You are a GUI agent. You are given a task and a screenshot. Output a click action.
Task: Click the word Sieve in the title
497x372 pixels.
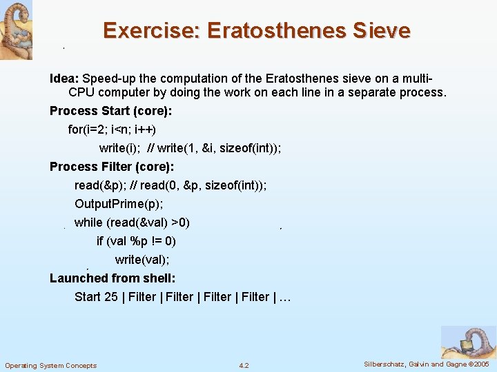pyautogui.click(x=382, y=31)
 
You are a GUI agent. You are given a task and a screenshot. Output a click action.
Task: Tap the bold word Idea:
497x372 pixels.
pyautogui.click(x=64, y=79)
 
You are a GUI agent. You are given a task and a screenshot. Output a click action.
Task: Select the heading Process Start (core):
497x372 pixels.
pyautogui.click(x=111, y=111)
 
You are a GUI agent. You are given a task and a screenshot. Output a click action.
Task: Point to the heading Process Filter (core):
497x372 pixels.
pyautogui.click(x=112, y=167)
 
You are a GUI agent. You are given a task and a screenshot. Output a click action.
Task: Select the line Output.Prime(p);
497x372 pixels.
pyautogui.click(x=119, y=204)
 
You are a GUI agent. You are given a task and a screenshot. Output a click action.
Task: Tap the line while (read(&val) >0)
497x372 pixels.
pyautogui.click(x=132, y=223)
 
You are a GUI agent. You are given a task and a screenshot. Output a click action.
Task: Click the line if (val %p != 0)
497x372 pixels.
pyautogui.click(x=136, y=241)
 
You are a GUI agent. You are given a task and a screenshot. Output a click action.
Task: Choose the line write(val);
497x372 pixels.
pyautogui.click(x=142, y=260)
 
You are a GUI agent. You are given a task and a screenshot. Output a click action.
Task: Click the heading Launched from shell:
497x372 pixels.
pyautogui.click(x=113, y=278)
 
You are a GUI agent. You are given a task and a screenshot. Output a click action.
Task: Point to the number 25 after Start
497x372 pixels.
pyautogui.click(x=110, y=297)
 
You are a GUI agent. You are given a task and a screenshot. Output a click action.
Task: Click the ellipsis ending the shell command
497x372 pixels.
pyautogui.click(x=284, y=297)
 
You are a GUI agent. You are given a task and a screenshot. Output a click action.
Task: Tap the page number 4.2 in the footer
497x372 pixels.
pyautogui.click(x=244, y=365)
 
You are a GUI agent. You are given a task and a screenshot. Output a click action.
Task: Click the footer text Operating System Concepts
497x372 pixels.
pyautogui.click(x=51, y=365)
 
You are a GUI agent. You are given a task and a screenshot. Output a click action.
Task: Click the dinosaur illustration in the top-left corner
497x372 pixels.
pyautogui.click(x=16, y=29)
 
